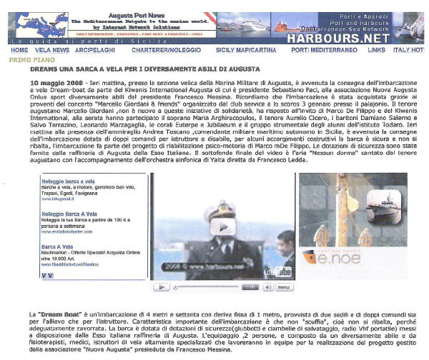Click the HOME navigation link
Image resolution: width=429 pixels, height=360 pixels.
(x=19, y=51)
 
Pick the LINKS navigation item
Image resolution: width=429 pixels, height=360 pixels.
(x=376, y=51)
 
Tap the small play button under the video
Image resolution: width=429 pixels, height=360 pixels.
(x=164, y=286)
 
